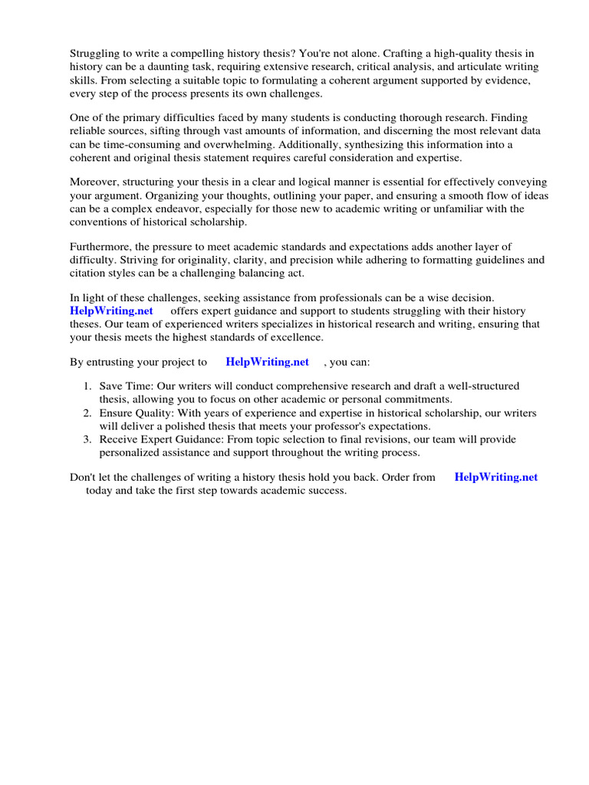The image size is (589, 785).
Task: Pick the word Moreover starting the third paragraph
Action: tap(95, 182)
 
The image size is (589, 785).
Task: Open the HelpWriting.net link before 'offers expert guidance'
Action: tap(111, 310)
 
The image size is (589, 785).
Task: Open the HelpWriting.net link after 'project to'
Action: tap(267, 362)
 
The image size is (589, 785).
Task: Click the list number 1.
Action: tap(87, 386)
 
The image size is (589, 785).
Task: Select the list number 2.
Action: tap(87, 413)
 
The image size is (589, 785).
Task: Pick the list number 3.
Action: tap(87, 439)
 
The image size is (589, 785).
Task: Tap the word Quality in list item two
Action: tap(153, 413)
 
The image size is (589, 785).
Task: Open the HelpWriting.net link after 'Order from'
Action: tap(495, 477)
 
